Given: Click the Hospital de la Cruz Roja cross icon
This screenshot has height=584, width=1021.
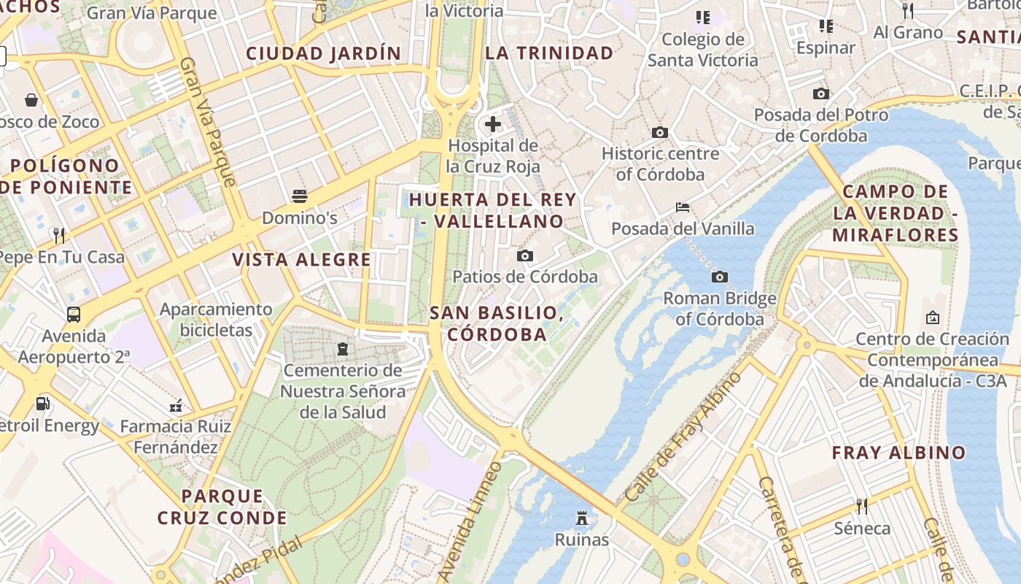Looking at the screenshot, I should pyautogui.click(x=493, y=124).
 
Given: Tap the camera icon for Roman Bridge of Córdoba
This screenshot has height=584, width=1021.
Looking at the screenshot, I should pyautogui.click(x=720, y=277).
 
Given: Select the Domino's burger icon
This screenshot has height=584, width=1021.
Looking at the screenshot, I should pyautogui.click(x=300, y=196).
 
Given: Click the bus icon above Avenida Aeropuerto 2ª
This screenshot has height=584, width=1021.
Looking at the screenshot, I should pyautogui.click(x=74, y=315).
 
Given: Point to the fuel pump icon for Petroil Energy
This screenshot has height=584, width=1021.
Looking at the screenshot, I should pyautogui.click(x=43, y=404).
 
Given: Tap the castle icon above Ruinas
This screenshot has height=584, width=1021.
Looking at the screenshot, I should pyautogui.click(x=582, y=518).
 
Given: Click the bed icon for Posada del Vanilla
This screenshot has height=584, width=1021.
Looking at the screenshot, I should pyautogui.click(x=683, y=207).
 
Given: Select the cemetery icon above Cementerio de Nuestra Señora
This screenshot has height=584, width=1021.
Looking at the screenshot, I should pyautogui.click(x=343, y=348).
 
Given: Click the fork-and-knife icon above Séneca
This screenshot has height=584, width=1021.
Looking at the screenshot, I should pyautogui.click(x=862, y=506).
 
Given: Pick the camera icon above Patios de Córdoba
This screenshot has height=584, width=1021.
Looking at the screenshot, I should pyautogui.click(x=524, y=255).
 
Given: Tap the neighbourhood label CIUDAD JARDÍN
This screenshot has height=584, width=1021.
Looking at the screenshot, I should pyautogui.click(x=324, y=53).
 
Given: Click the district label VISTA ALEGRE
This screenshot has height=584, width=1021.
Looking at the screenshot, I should pyautogui.click(x=302, y=260).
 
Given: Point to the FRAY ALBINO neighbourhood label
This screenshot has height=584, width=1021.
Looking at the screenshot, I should pyautogui.click(x=898, y=453).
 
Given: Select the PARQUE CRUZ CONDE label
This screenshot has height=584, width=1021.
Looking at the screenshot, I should pyautogui.click(x=222, y=507).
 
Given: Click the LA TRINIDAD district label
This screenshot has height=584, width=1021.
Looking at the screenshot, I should pyautogui.click(x=549, y=53).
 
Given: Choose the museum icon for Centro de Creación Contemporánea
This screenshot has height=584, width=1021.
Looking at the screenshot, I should pyautogui.click(x=932, y=318).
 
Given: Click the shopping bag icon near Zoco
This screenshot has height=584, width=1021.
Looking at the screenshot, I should pyautogui.click(x=31, y=100).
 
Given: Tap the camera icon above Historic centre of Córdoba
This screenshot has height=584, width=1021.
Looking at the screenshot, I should pyautogui.click(x=660, y=132).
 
